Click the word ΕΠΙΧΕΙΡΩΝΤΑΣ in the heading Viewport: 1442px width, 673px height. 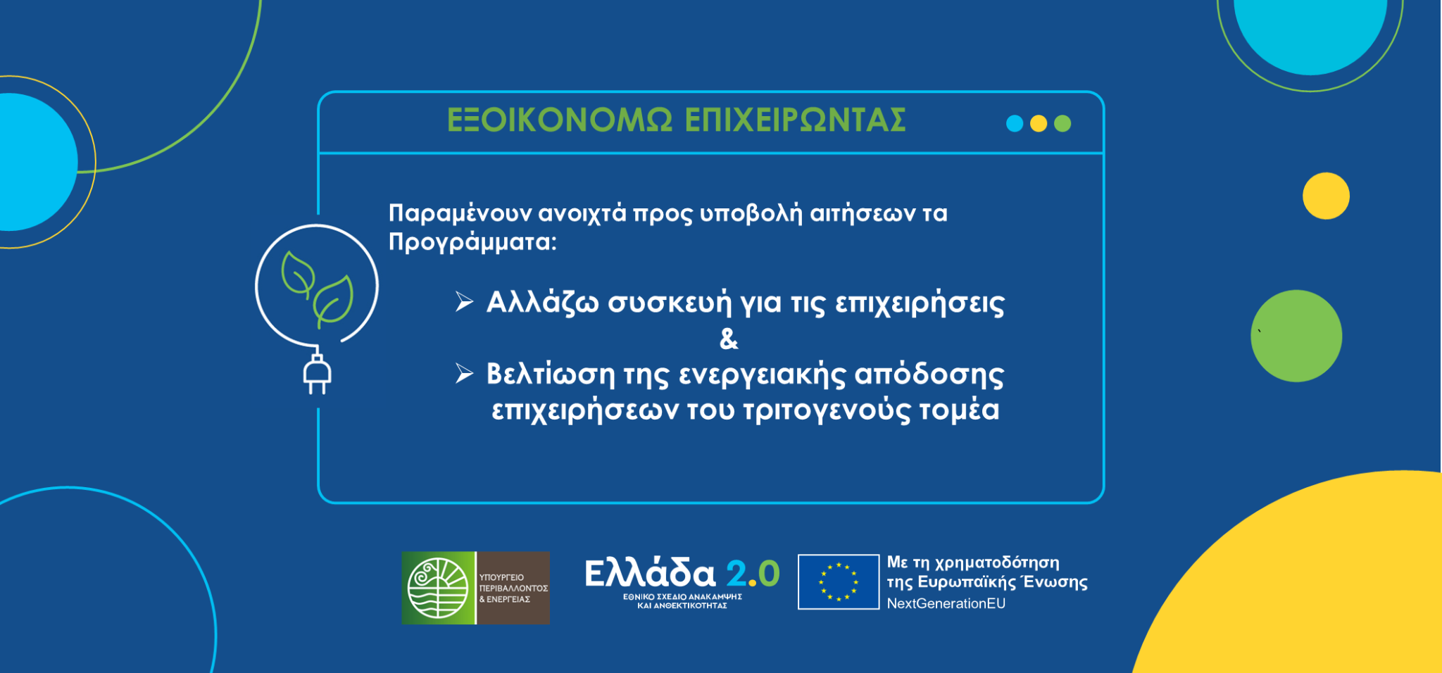(796, 120)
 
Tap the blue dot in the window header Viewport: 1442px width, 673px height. (1015, 123)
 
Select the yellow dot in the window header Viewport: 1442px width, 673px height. (1039, 123)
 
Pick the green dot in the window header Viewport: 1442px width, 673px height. (1062, 123)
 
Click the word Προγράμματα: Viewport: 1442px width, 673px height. (472, 242)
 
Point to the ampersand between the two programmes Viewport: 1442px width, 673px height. (729, 339)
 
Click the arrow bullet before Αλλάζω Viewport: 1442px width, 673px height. (464, 301)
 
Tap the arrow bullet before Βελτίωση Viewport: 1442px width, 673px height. (464, 373)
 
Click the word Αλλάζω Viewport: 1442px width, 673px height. (543, 303)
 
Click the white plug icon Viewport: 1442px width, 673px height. (317, 372)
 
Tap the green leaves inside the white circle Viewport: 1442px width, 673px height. (317, 289)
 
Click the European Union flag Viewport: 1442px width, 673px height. (839, 581)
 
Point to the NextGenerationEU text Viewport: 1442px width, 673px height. (946, 603)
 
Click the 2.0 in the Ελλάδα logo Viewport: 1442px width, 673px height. (753, 573)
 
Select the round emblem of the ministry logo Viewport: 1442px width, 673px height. (439, 588)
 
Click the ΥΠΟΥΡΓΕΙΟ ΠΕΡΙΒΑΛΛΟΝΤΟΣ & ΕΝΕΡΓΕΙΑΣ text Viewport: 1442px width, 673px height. (513, 588)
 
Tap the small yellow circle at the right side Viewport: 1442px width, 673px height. (1326, 196)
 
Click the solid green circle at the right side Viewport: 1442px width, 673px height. (1296, 336)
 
